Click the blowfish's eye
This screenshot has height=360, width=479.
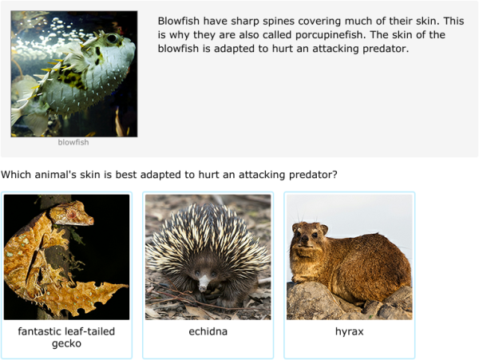point(111,38)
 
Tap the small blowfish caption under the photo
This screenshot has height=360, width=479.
point(73,143)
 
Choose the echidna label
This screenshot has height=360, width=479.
point(208,331)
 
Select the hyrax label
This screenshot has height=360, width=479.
point(349,331)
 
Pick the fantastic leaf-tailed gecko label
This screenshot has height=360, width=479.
point(66,338)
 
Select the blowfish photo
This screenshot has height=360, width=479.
point(73,74)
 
